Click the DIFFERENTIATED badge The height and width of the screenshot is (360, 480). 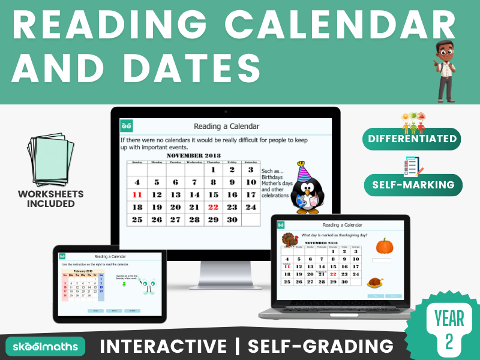point(411,139)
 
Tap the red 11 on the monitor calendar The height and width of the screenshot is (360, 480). point(137,194)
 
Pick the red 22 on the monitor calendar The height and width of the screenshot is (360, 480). point(213,207)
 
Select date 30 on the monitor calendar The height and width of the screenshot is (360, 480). point(232,220)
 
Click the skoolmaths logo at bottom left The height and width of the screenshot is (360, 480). point(46,346)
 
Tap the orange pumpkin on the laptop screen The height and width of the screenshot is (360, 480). point(383,246)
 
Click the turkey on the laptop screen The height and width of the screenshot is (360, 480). point(290,241)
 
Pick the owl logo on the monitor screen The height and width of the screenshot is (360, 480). point(126,125)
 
